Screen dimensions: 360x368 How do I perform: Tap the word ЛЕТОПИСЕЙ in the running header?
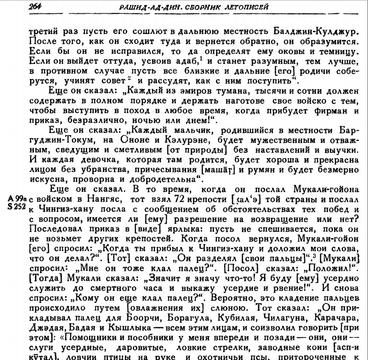(x=244, y=7)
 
